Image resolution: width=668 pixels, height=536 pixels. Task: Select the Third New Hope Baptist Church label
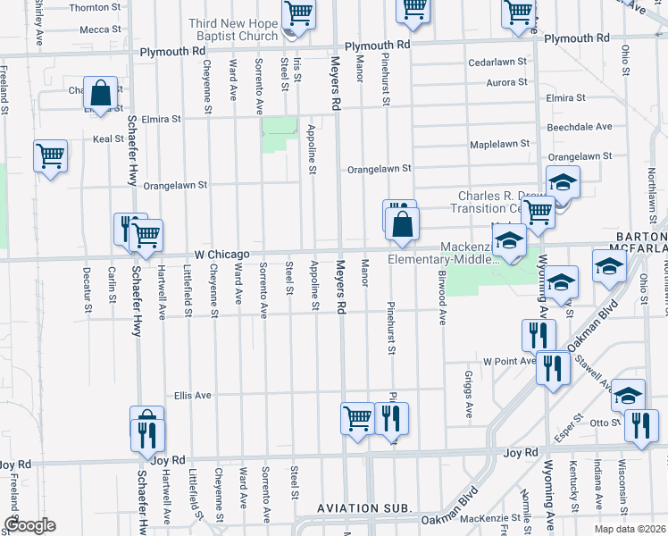pyautogui.click(x=234, y=29)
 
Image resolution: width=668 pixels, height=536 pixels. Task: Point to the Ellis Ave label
pyautogui.click(x=192, y=395)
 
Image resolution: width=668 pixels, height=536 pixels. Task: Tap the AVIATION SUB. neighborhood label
pyautogui.click(x=365, y=508)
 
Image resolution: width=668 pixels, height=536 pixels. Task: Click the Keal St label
pyautogui.click(x=108, y=139)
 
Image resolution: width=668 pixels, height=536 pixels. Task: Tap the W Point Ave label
pyautogui.click(x=507, y=362)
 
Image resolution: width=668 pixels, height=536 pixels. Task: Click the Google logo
pyautogui.click(x=29, y=526)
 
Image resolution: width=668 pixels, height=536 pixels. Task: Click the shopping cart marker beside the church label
pyautogui.click(x=298, y=14)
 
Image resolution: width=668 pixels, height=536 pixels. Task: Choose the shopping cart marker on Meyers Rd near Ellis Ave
pyautogui.click(x=358, y=417)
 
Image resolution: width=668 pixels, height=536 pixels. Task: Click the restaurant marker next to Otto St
pyautogui.click(x=639, y=424)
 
